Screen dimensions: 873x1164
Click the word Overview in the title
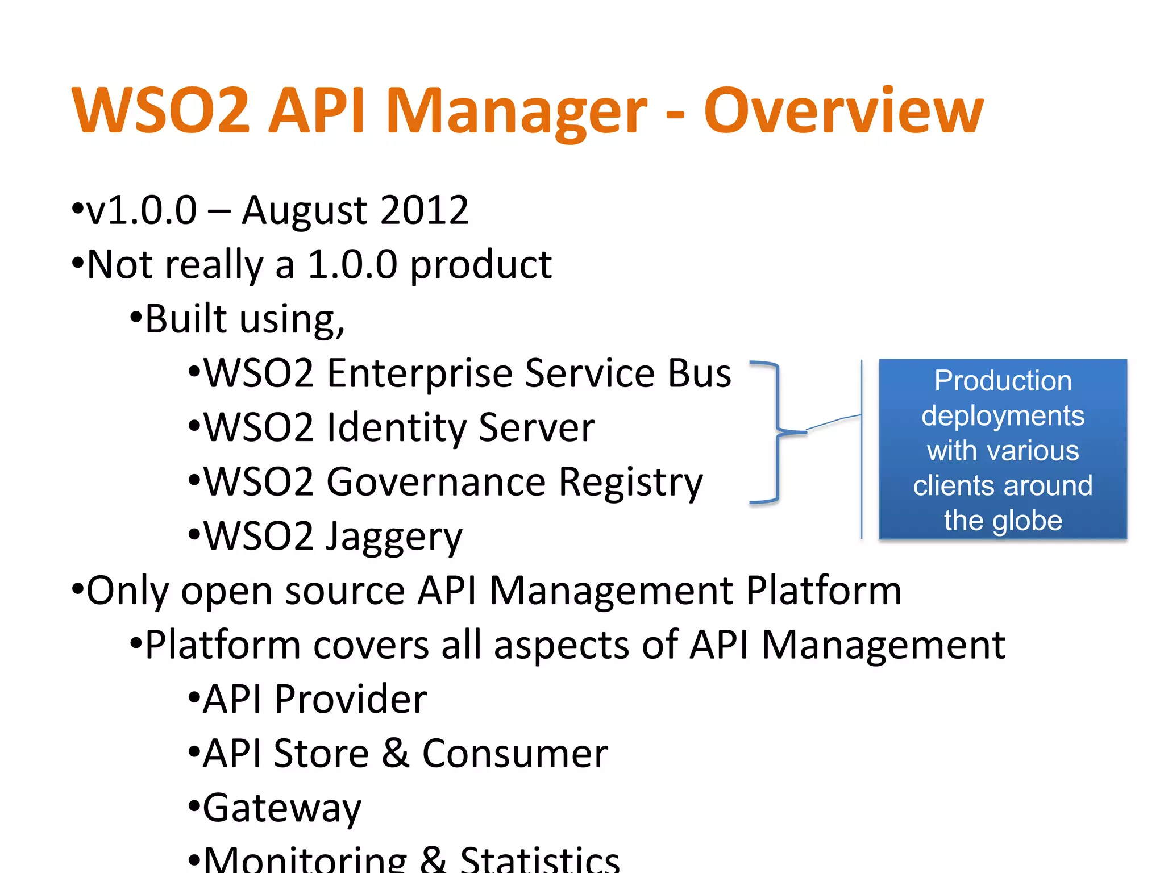843,111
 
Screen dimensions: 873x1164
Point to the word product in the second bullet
481,265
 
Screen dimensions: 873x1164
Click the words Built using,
244,319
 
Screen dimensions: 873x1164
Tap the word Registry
630,483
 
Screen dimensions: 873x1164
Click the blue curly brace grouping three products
776,432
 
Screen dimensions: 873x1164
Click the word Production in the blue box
1003,381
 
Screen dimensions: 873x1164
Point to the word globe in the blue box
1027,521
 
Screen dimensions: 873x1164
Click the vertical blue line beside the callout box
862,449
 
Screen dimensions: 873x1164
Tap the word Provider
350,699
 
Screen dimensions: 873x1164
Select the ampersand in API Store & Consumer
396,754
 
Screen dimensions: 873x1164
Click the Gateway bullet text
282,808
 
